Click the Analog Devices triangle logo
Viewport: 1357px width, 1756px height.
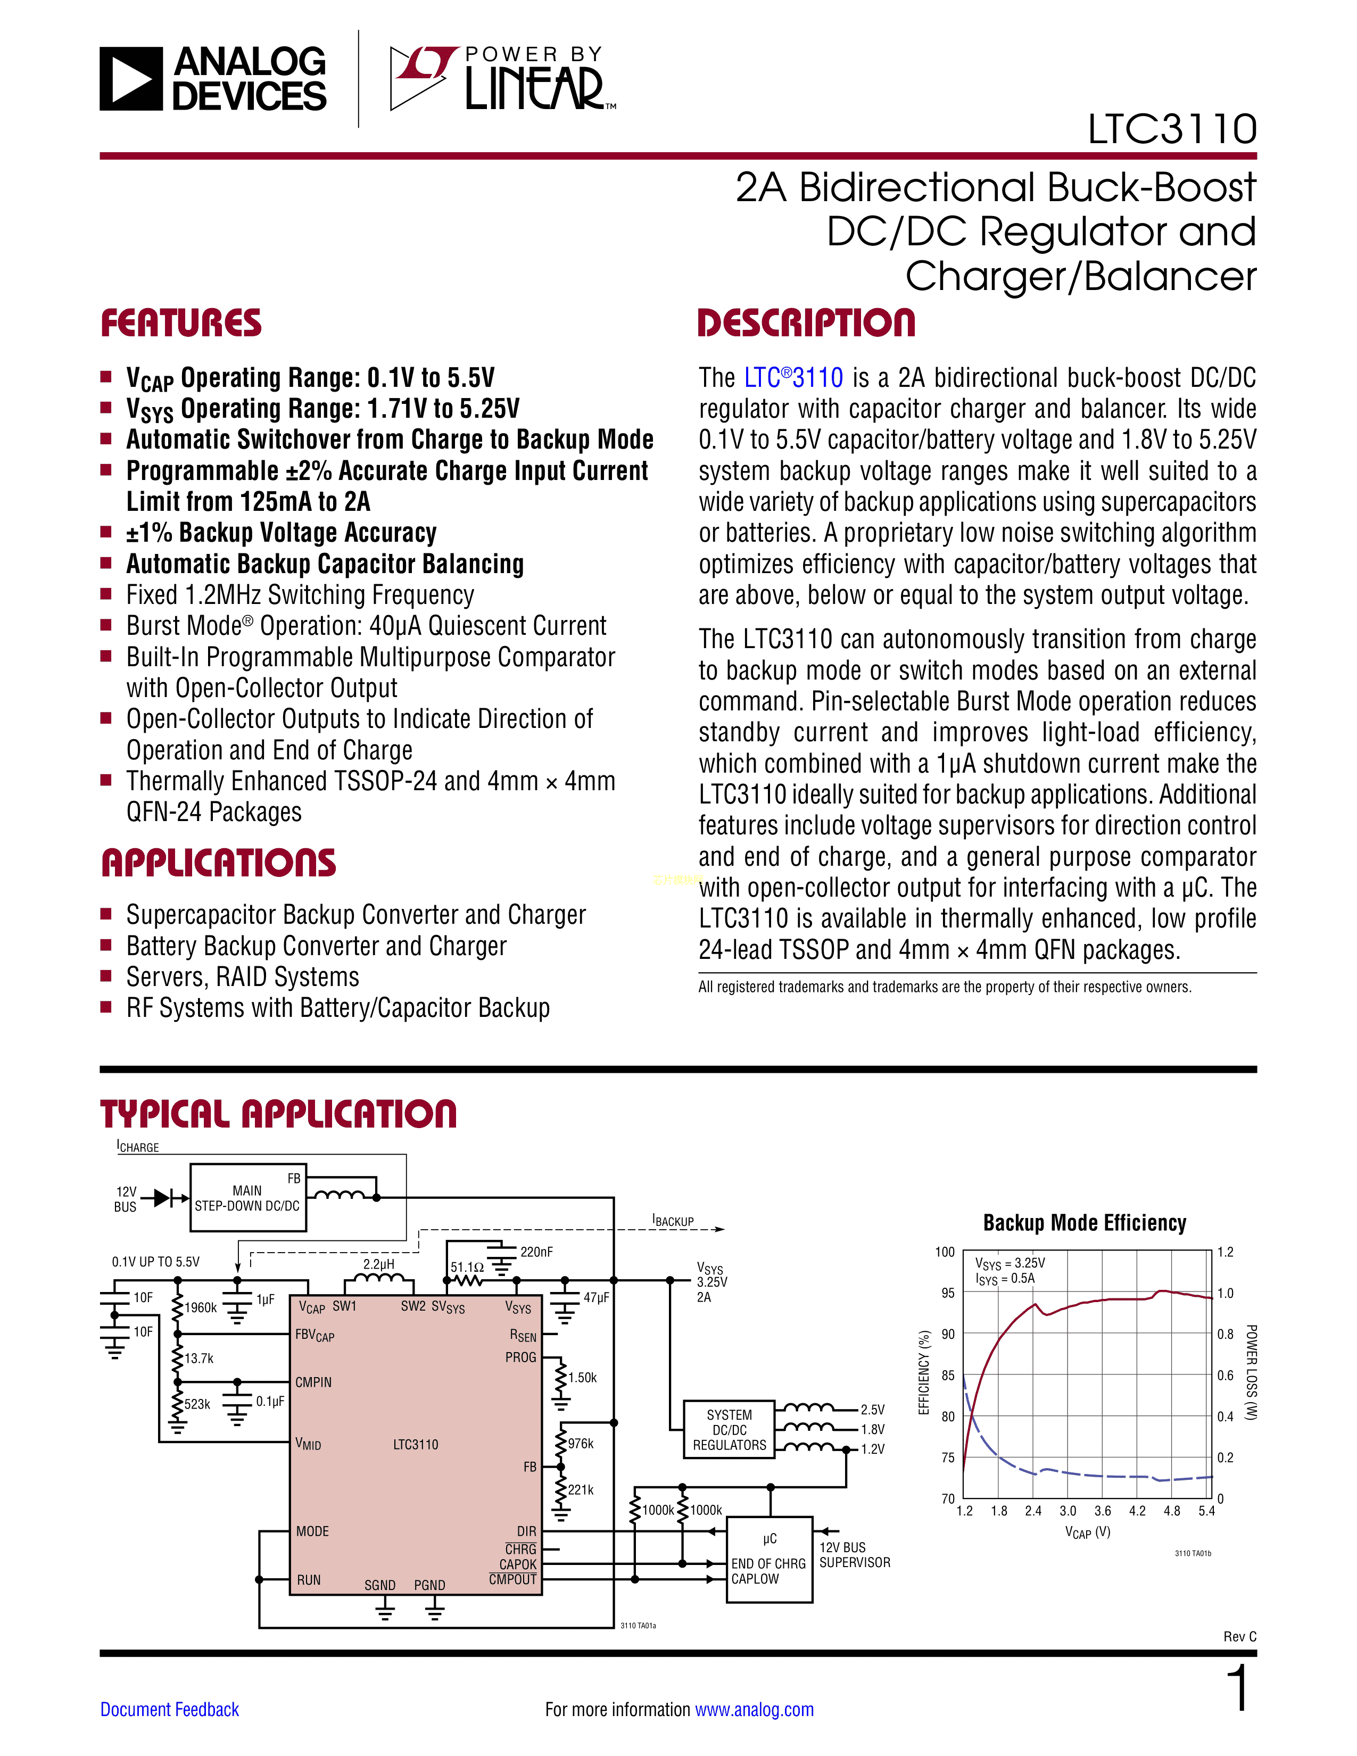point(131,79)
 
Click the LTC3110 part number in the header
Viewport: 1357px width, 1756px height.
point(1171,129)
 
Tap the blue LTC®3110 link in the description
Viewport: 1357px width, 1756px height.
point(793,378)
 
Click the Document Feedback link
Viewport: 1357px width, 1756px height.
point(170,1709)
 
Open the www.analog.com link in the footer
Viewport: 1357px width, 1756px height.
point(754,1709)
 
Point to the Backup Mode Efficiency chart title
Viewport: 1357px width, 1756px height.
point(1085,1223)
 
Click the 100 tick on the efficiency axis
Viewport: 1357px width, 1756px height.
point(945,1252)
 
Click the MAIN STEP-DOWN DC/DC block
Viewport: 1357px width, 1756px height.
point(247,1198)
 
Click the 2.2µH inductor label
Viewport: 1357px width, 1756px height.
point(379,1264)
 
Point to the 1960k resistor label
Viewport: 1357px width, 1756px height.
point(200,1307)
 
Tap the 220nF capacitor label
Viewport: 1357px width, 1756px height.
point(536,1252)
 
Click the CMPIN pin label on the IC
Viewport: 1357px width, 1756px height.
point(313,1382)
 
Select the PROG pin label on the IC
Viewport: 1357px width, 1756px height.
point(520,1357)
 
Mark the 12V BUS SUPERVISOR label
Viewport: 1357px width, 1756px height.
point(855,1555)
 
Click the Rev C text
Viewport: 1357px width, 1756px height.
point(1239,1636)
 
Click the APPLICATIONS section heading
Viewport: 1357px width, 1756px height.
point(219,863)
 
